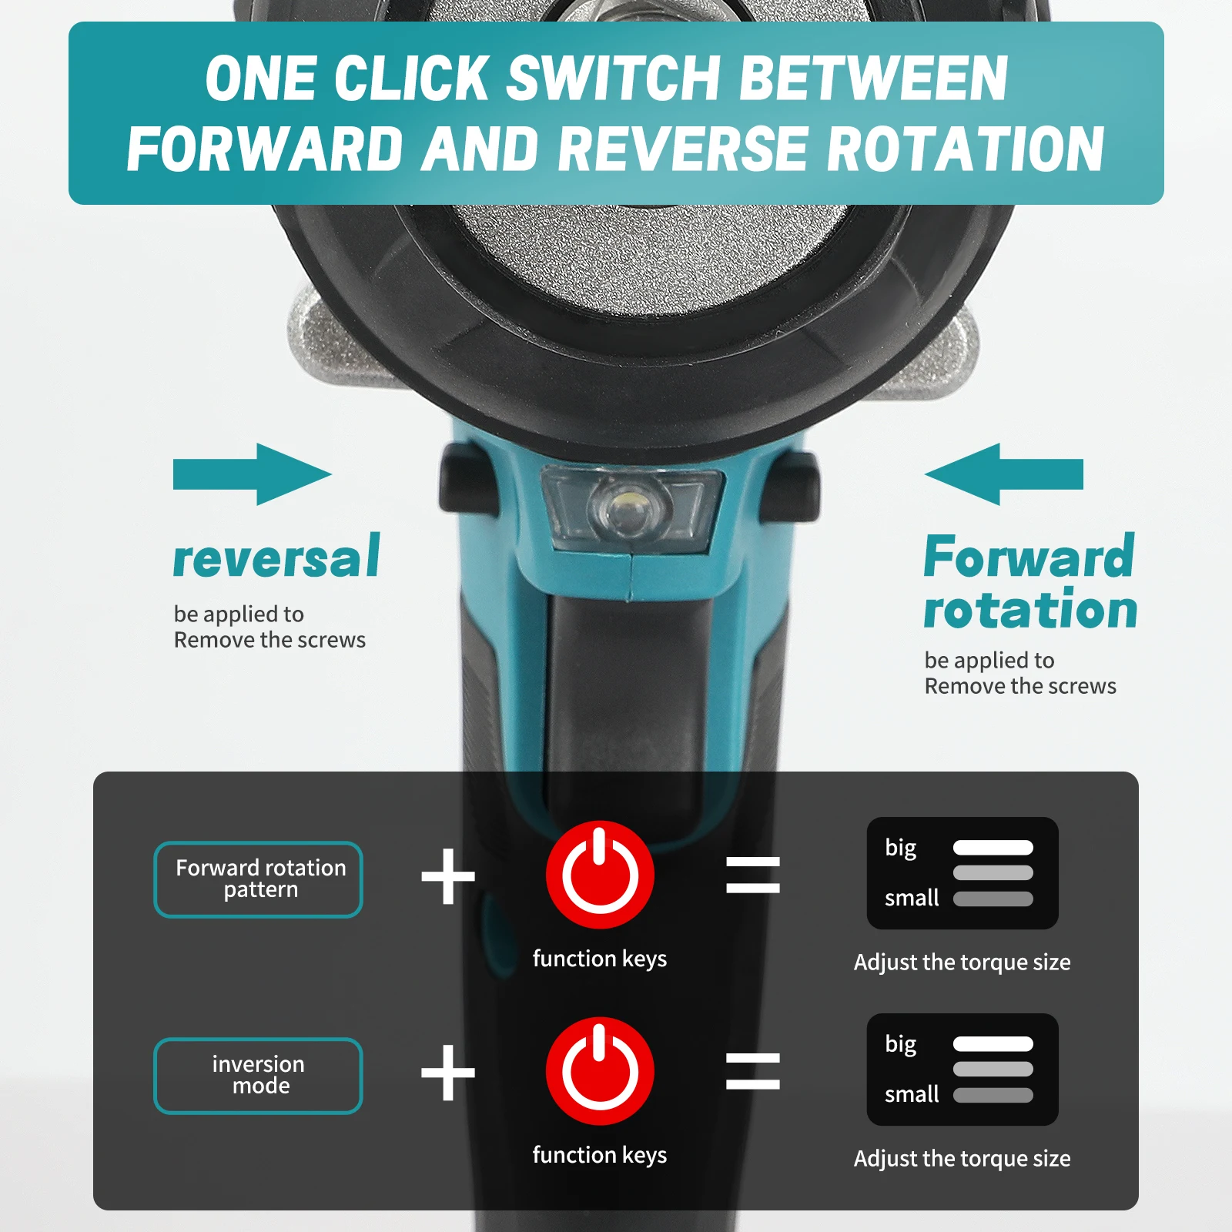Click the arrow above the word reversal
click(x=252, y=474)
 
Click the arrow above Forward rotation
click(x=1003, y=474)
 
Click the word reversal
click(x=276, y=556)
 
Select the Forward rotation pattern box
click(x=259, y=879)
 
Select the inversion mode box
click(x=259, y=1076)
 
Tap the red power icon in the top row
click(x=600, y=875)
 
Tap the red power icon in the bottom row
click(x=600, y=1071)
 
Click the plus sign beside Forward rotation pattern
click(x=448, y=876)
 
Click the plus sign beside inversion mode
click(x=448, y=1073)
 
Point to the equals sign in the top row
click(x=753, y=875)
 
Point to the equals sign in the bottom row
click(x=753, y=1071)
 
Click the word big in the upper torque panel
click(x=901, y=849)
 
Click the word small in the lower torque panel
click(x=912, y=1094)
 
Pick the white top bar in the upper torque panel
click(x=993, y=848)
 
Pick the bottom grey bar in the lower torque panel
click(x=993, y=1095)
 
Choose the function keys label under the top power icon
click(x=600, y=959)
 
